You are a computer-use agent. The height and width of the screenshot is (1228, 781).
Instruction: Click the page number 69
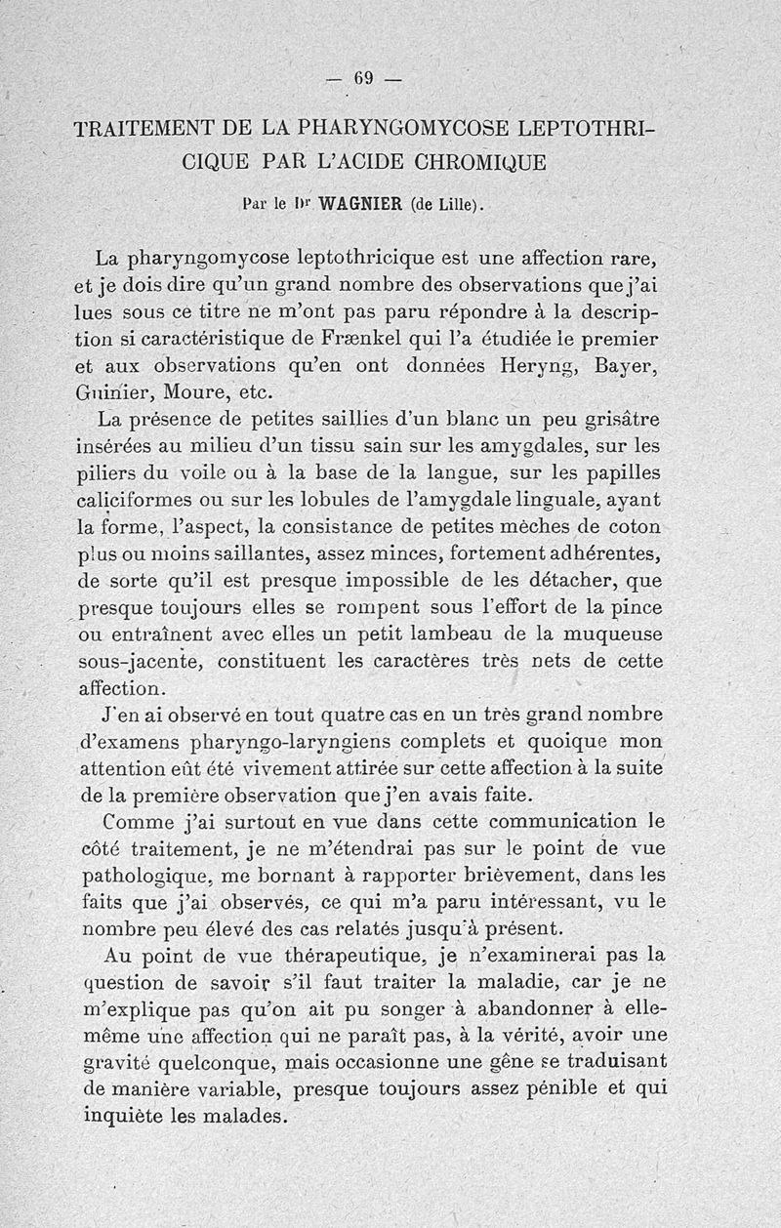click(x=365, y=79)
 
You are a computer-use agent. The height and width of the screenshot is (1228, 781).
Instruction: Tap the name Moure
click(x=199, y=395)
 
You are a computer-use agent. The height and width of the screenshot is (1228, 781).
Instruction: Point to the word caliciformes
click(x=136, y=501)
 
